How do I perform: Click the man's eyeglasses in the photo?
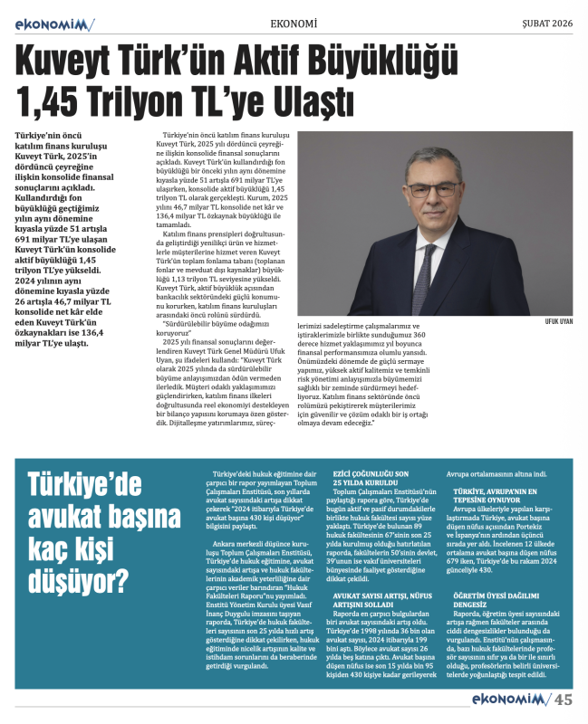[x=434, y=189]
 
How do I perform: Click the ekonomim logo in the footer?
[x=509, y=699]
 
